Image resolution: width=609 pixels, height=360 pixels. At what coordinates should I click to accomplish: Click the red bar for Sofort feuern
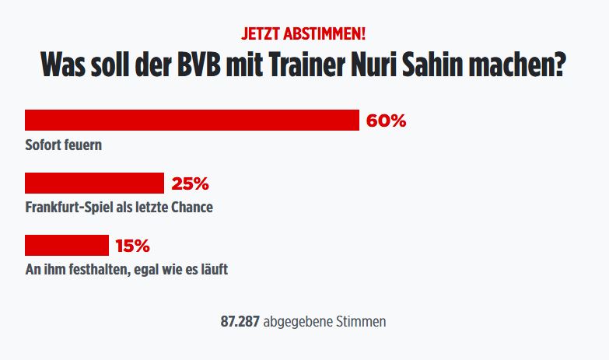[x=191, y=120]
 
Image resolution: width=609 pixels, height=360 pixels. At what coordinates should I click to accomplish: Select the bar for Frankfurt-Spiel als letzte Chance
[x=94, y=183]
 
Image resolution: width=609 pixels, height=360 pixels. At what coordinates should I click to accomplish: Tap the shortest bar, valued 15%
[x=67, y=245]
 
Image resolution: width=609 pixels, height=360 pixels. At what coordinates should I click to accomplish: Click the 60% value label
[x=387, y=121]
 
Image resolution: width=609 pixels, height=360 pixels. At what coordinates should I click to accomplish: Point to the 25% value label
[x=190, y=183]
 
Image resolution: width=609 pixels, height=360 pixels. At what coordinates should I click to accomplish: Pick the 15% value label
[x=132, y=246]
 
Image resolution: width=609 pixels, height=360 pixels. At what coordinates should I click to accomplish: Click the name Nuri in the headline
[x=395, y=64]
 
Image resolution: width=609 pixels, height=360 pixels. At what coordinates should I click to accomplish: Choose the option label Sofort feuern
[x=64, y=145]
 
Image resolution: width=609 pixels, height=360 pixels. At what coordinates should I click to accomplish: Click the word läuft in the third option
[x=212, y=270]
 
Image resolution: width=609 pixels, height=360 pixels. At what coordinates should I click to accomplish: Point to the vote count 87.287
[x=240, y=321]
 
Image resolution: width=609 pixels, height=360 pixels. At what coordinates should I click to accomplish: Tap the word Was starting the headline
[x=64, y=64]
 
